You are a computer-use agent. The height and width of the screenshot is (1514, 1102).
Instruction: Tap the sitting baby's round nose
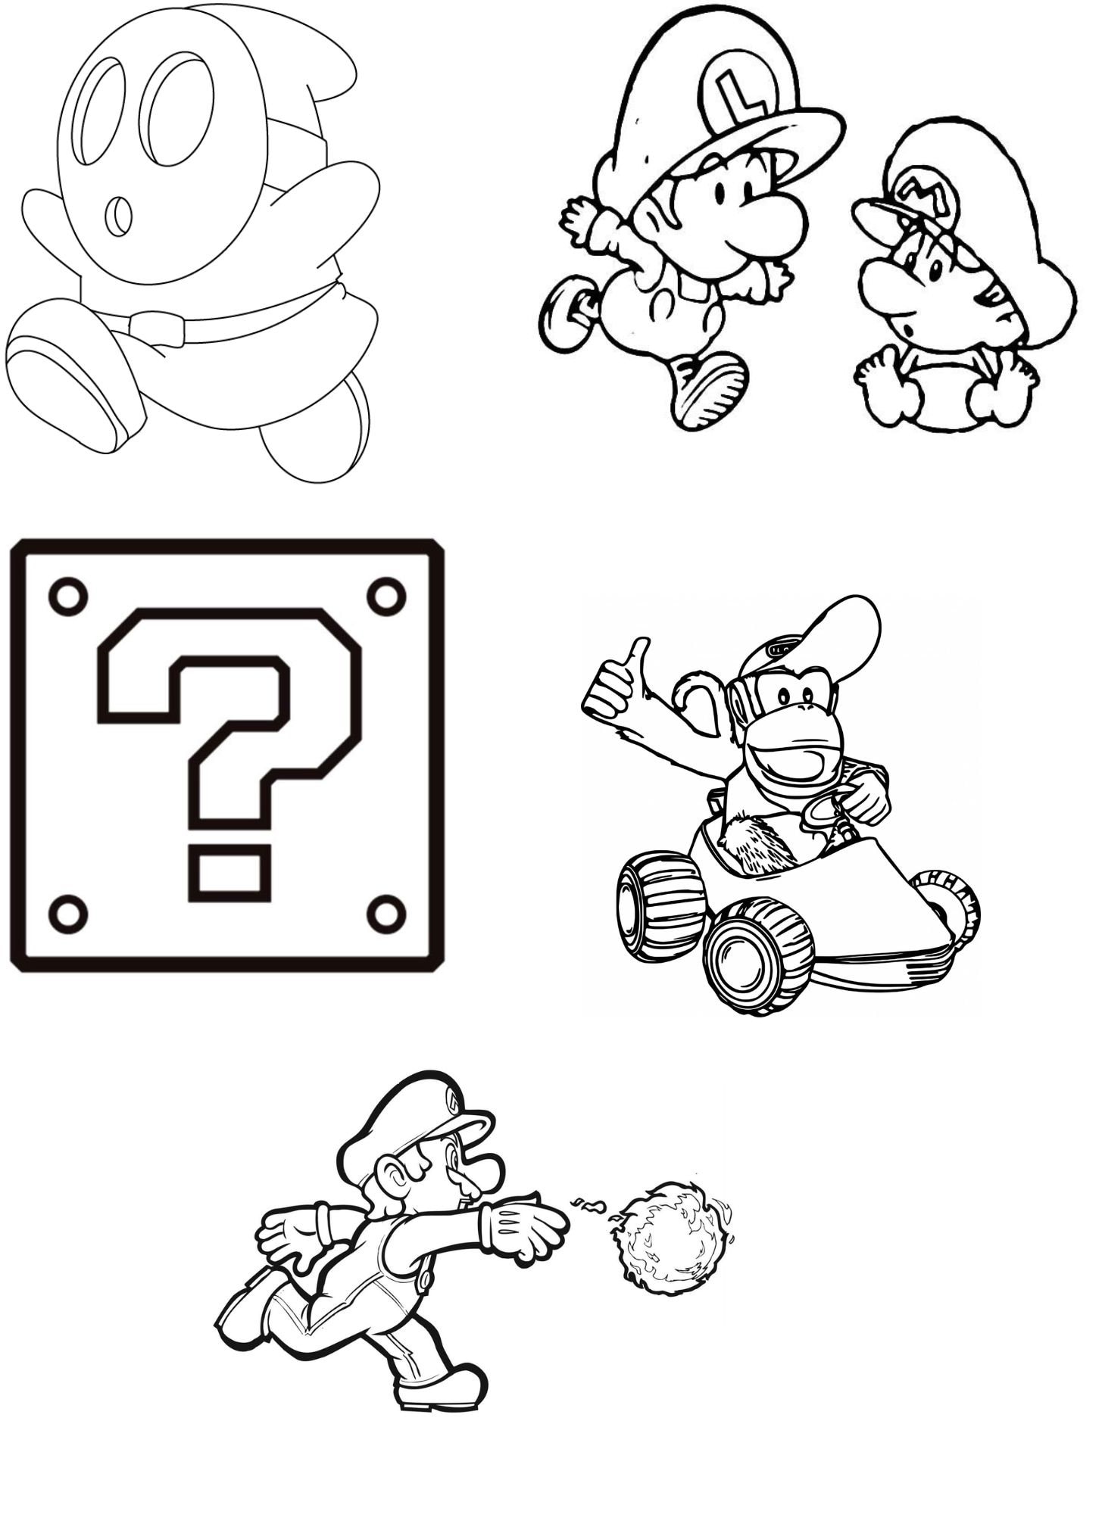coord(883,288)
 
